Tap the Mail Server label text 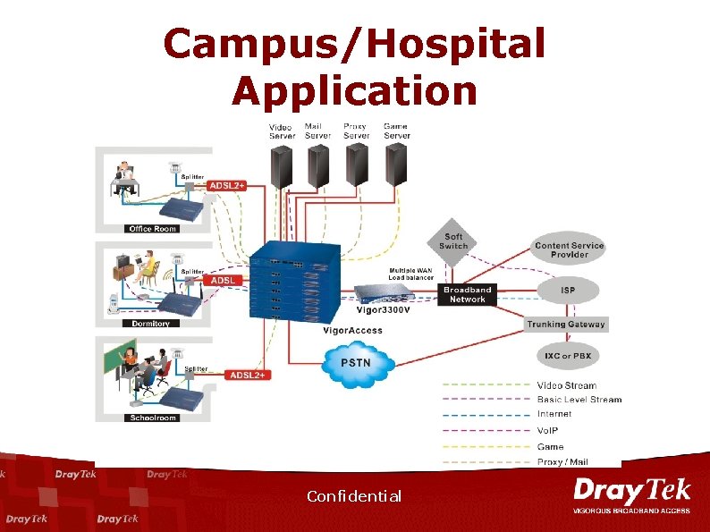coord(317,131)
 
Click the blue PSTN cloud coord(356,364)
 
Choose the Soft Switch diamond coord(453,241)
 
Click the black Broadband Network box coord(468,295)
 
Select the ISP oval coord(569,289)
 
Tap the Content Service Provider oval coord(569,249)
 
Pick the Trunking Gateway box coord(565,325)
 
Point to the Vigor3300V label coord(383,311)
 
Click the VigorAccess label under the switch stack coord(352,331)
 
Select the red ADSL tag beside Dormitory coord(223,280)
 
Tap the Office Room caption coord(153,229)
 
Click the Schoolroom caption coord(153,418)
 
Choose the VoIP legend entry coord(549,430)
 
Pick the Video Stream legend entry coord(566,385)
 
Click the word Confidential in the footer coord(354,496)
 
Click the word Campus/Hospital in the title coord(354,44)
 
